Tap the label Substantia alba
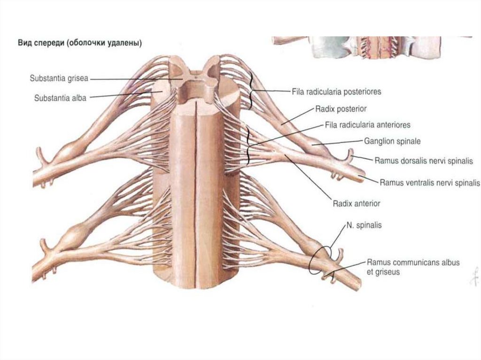pos(60,98)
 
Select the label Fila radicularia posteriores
pos(336,92)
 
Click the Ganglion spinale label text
pos(392,140)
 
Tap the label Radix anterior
pos(356,204)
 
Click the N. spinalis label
pos(364,225)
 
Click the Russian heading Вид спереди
pos(80,43)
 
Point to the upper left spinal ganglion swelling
pos(70,150)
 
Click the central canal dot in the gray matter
pos(194,75)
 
